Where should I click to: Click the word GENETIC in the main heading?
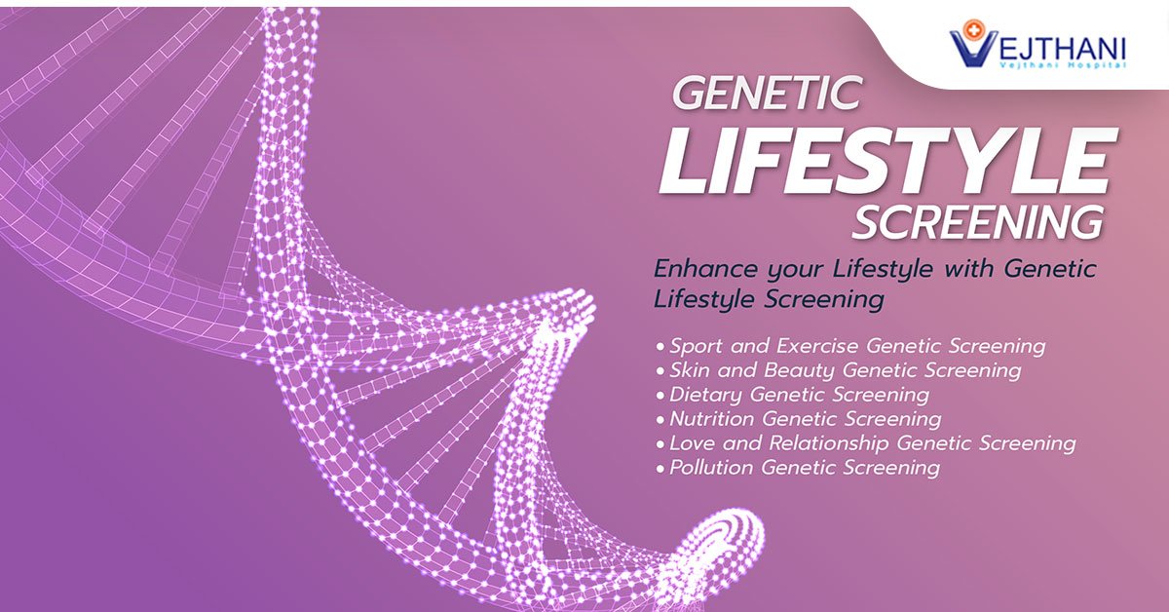(x=766, y=94)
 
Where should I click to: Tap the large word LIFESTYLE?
(x=885, y=162)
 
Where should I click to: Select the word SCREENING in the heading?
(x=977, y=223)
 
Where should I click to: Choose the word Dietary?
(x=705, y=395)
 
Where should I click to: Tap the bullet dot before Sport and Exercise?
(x=661, y=347)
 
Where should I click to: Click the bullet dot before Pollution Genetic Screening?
(x=661, y=469)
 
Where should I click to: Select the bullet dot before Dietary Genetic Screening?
(x=661, y=396)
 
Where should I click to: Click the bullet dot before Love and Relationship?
(x=661, y=444)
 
